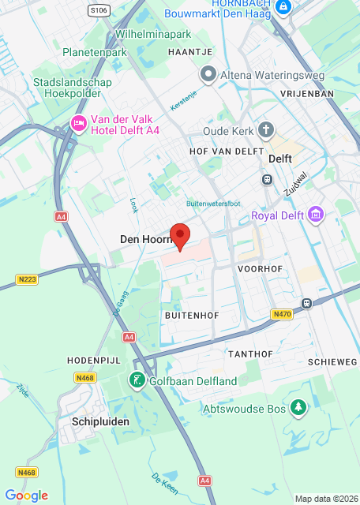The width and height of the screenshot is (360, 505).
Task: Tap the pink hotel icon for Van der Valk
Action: (78, 123)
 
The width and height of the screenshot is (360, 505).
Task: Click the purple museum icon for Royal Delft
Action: (316, 215)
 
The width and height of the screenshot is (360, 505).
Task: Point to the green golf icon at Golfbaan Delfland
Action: (137, 381)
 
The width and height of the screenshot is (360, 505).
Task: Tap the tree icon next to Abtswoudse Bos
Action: (298, 408)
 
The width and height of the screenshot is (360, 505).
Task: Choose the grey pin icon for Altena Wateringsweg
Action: (208, 75)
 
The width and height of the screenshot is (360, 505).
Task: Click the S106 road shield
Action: (98, 10)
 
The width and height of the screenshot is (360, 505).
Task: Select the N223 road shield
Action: (27, 279)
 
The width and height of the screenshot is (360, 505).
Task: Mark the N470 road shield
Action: (281, 314)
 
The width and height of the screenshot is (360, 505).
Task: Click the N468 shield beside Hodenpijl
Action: (84, 378)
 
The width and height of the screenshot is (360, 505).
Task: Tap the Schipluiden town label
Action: (100, 421)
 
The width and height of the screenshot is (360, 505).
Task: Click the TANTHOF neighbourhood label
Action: (250, 354)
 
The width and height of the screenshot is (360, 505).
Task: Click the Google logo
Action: (26, 496)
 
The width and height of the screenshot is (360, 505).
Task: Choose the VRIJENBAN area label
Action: (308, 92)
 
